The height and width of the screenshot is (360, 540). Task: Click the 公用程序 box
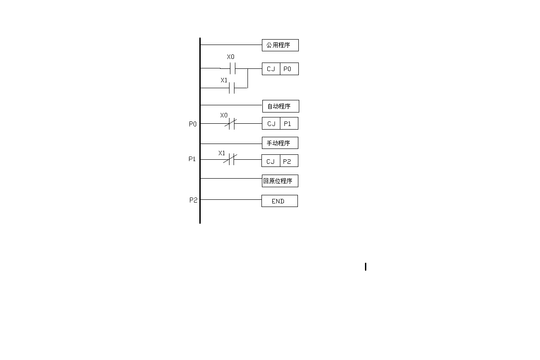click(x=280, y=45)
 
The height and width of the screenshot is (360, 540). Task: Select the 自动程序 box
click(x=280, y=106)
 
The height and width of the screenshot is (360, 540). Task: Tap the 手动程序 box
click(x=280, y=143)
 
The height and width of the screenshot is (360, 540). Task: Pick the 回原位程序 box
click(x=280, y=181)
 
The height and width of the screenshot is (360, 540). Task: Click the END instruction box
click(x=279, y=201)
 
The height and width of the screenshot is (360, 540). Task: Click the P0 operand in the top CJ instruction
click(x=289, y=69)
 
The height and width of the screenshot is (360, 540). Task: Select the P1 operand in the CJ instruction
click(x=289, y=123)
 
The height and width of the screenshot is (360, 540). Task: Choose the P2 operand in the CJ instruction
click(x=288, y=161)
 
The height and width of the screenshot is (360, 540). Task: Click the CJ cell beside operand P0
click(x=271, y=69)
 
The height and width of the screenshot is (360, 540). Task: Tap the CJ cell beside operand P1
click(x=271, y=123)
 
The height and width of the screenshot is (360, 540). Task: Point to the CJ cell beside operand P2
click(x=270, y=161)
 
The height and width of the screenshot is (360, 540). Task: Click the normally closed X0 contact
click(x=231, y=123)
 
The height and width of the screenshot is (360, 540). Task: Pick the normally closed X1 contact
click(x=230, y=159)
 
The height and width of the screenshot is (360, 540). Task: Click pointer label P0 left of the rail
click(x=193, y=124)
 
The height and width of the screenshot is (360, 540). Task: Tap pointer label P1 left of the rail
click(x=192, y=159)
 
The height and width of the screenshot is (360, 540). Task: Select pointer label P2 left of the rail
click(x=193, y=200)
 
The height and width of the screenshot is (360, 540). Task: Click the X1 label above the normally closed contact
click(x=222, y=153)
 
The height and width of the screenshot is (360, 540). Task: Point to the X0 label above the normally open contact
click(x=230, y=57)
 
